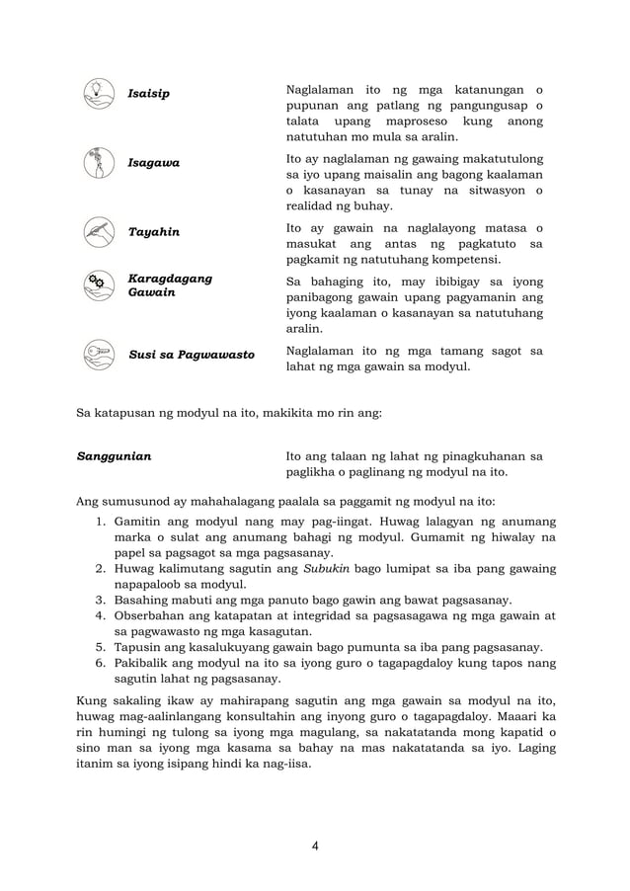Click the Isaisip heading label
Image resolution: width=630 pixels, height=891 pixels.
pos(149,94)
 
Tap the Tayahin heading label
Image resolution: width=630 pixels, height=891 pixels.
pos(154,232)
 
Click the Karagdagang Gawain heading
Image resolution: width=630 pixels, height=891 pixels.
pos(170,286)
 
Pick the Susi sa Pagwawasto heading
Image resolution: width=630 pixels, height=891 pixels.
pos(191,355)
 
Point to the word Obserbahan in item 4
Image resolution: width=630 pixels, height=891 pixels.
pos(153,616)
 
